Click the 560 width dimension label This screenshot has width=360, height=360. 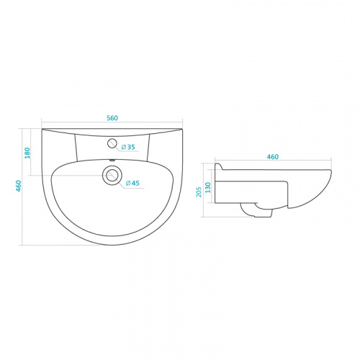click(x=112, y=118)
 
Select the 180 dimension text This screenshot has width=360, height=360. click(x=27, y=153)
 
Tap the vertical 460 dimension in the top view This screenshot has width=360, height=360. click(x=19, y=186)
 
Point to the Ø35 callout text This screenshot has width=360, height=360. click(x=128, y=147)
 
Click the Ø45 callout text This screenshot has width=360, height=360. click(x=132, y=183)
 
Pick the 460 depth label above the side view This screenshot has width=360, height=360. click(x=273, y=157)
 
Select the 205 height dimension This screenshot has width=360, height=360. click(x=199, y=192)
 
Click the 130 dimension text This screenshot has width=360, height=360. click(x=208, y=187)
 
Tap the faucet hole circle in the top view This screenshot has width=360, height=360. click(x=112, y=143)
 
